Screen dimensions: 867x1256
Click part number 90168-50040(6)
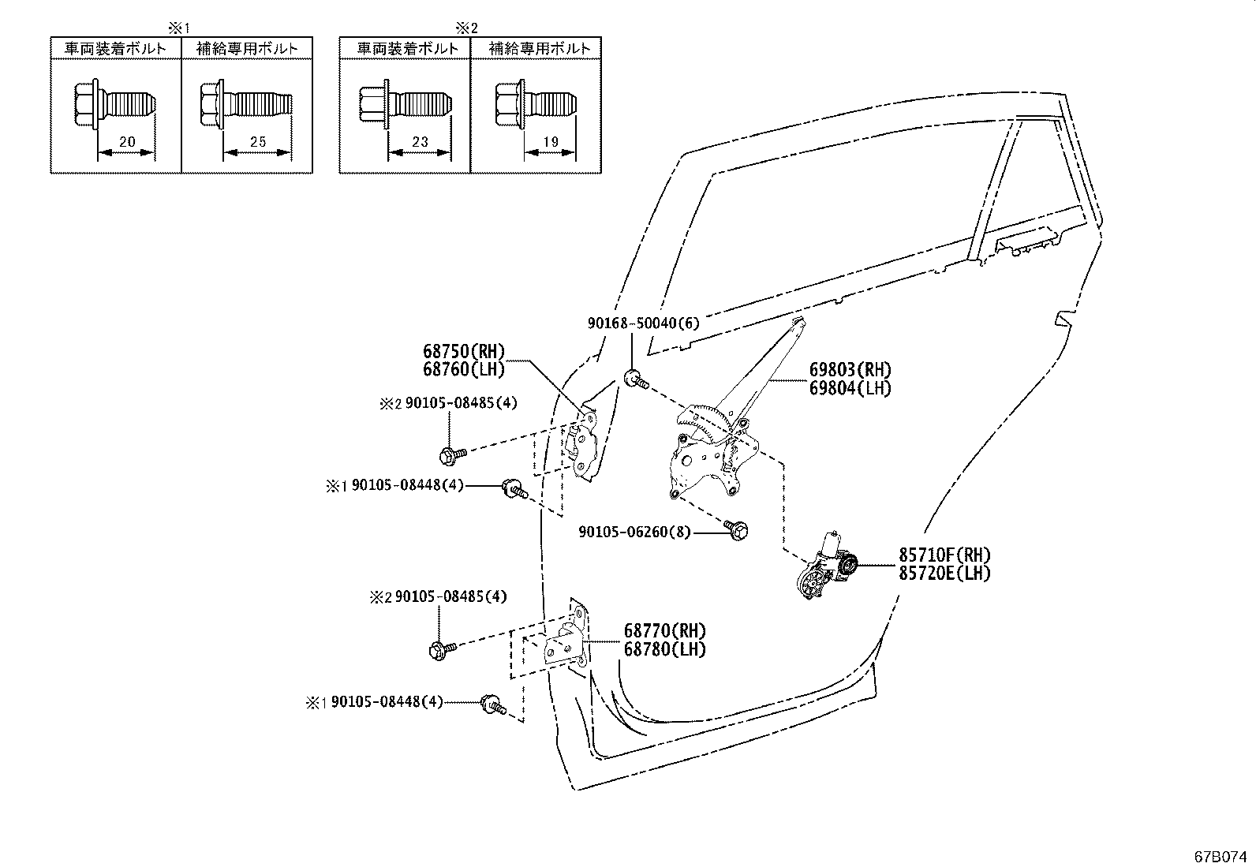click(643, 323)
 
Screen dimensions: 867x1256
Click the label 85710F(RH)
click(944, 555)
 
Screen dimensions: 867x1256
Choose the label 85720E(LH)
click(944, 574)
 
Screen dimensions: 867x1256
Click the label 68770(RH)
click(665, 631)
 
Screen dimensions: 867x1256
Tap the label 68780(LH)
click(665, 649)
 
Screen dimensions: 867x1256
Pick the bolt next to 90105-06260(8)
click(737, 530)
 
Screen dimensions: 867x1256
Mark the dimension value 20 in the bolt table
click(126, 143)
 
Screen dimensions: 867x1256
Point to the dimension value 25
click(257, 143)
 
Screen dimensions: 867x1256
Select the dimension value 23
click(419, 143)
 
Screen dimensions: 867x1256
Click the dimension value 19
click(550, 143)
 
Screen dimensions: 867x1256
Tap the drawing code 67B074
click(1221, 856)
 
